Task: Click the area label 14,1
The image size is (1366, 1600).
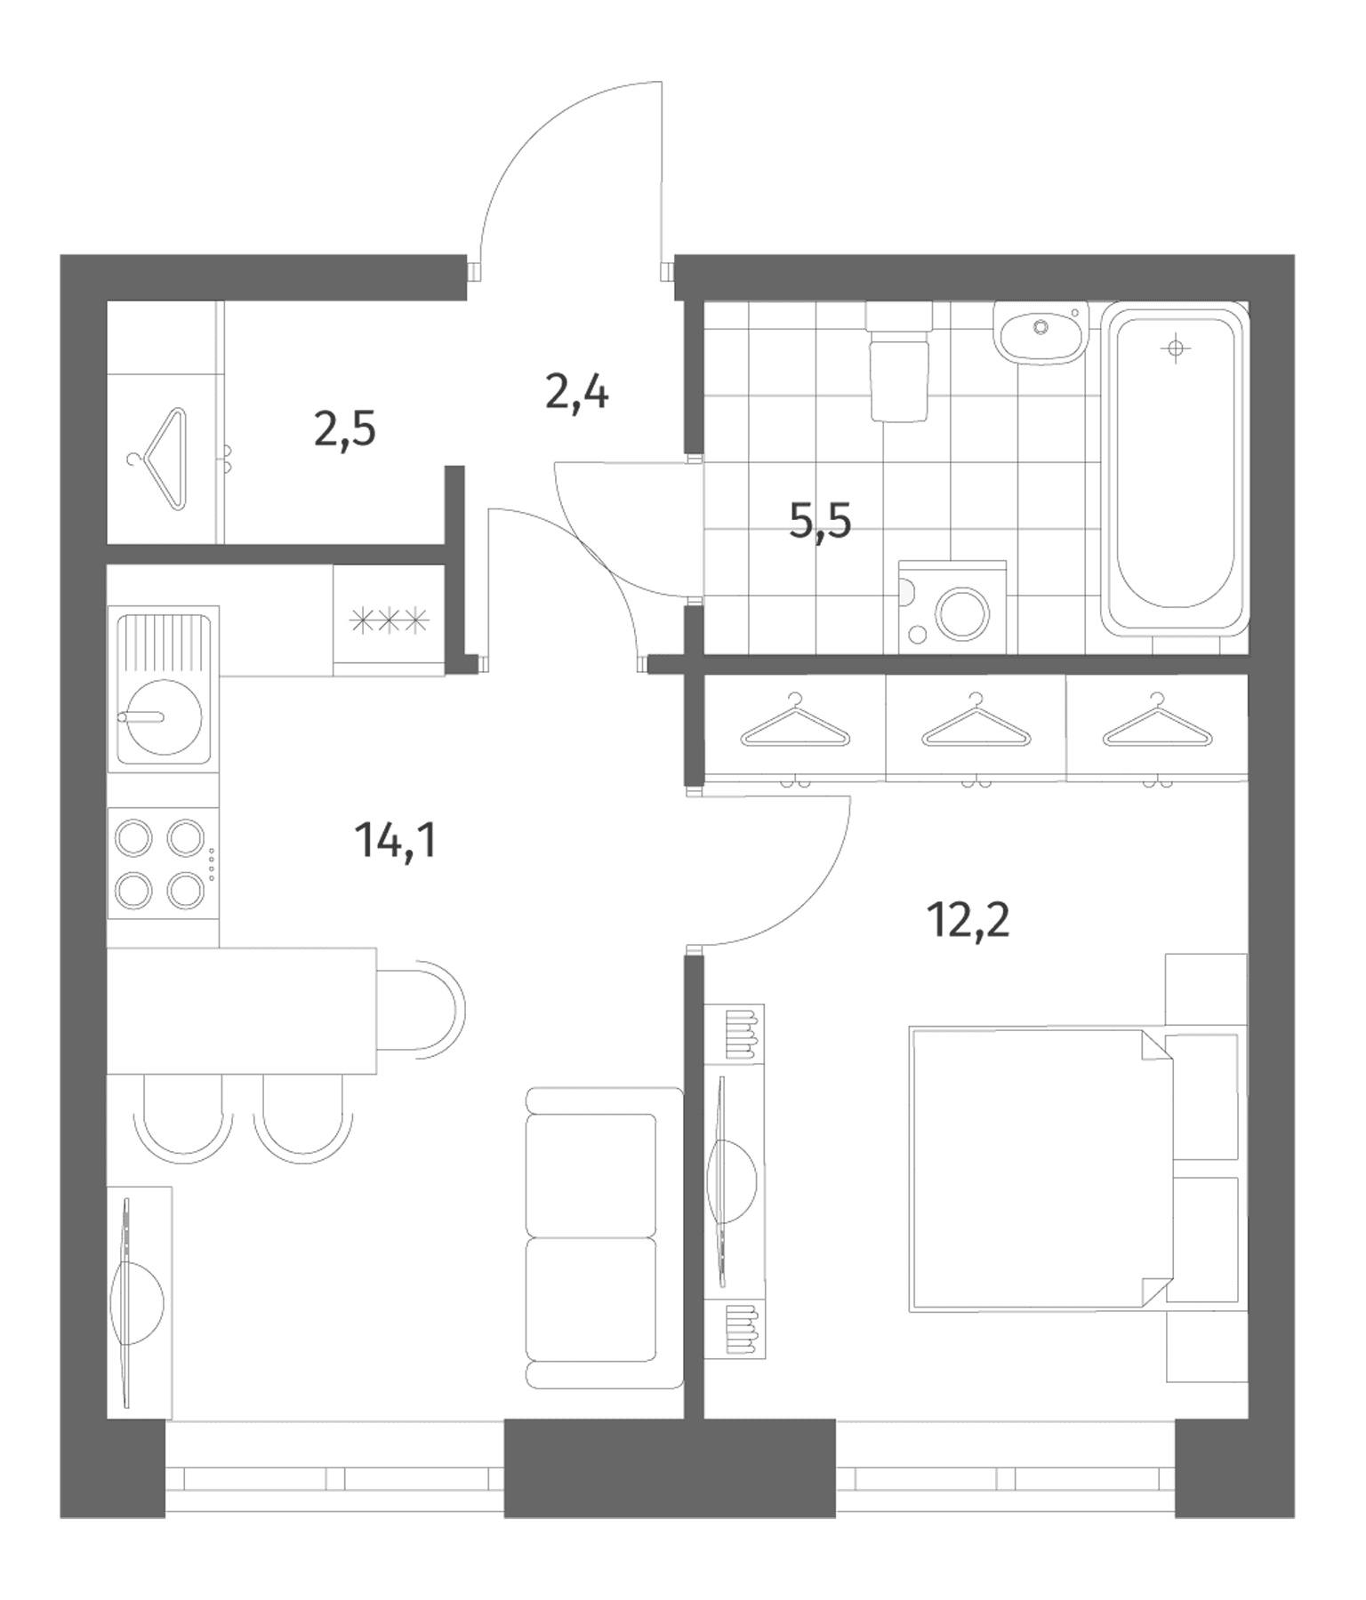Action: pos(396,840)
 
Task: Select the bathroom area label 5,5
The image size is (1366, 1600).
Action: pos(820,520)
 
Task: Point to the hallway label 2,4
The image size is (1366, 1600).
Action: pos(577,392)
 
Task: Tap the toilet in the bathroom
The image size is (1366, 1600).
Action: pos(899,360)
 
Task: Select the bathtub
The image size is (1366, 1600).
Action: pos(1174,468)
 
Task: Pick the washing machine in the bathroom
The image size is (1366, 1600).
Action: pos(952,607)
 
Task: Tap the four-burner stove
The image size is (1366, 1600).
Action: pos(163,863)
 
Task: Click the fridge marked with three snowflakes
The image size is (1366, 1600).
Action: pos(390,620)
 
